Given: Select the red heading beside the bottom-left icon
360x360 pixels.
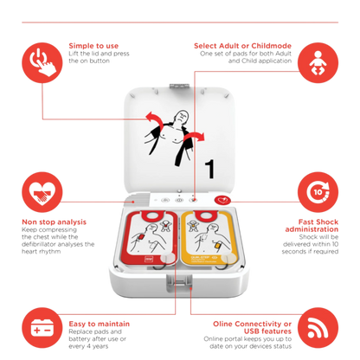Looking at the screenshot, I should [x=91, y=321].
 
